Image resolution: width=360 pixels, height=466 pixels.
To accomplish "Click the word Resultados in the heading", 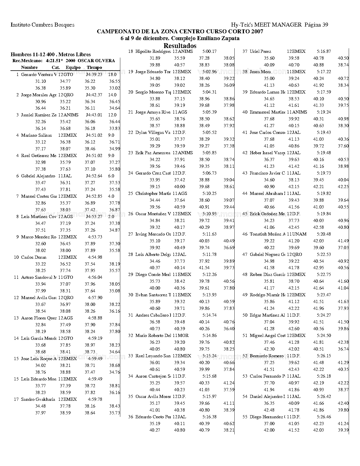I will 180,46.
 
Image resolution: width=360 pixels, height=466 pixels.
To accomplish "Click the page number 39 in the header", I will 325,25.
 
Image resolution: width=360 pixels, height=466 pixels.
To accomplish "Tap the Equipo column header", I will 73,67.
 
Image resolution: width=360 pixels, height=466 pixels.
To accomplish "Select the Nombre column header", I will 29,67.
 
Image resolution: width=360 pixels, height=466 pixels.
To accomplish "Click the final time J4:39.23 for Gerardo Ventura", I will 94,75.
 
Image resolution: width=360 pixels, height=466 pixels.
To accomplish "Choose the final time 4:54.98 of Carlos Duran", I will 95,257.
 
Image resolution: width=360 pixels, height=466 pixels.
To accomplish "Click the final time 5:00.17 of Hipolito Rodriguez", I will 210,51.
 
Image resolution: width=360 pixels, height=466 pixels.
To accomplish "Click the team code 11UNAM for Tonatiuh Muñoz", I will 296,234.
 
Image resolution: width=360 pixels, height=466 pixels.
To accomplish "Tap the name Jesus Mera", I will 260,72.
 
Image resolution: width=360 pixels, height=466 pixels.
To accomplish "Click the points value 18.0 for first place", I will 112,75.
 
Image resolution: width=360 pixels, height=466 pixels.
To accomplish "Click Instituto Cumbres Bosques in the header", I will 43,25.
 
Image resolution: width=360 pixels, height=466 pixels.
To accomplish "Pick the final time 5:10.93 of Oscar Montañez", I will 210,214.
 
